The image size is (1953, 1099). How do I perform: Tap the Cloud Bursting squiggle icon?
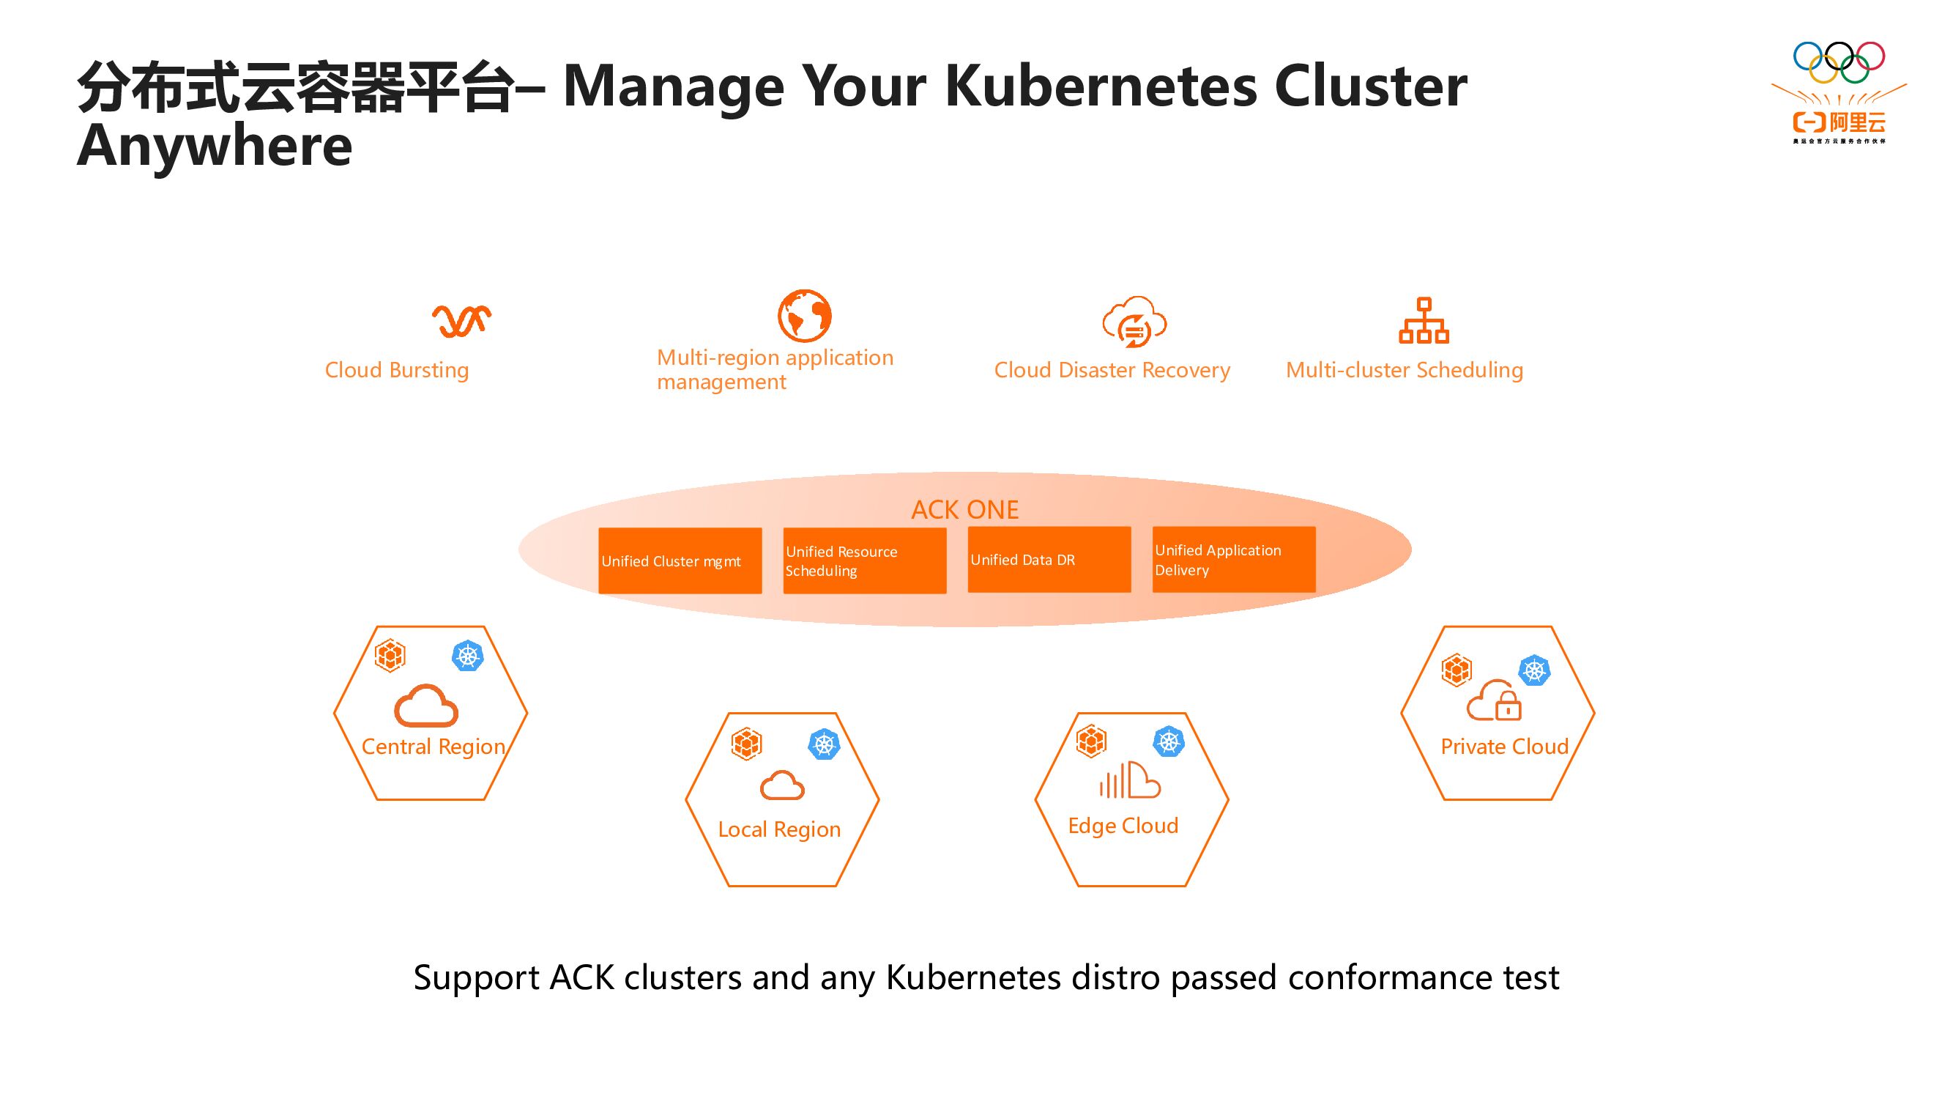pyautogui.click(x=461, y=321)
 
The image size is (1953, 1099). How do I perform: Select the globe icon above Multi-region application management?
pyautogui.click(x=804, y=316)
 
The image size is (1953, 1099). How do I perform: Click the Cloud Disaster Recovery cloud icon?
pyautogui.click(x=1134, y=322)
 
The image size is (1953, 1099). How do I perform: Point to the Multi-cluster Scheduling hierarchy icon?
pyautogui.click(x=1423, y=321)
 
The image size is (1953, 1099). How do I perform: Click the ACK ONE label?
pyautogui.click(x=964, y=510)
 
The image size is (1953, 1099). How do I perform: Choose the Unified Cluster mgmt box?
pyautogui.click(x=680, y=560)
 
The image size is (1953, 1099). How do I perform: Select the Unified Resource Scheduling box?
pyautogui.click(x=864, y=560)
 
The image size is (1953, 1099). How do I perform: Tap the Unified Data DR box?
pyautogui.click(x=1049, y=560)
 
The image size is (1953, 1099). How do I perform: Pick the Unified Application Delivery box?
pyautogui.click(x=1233, y=560)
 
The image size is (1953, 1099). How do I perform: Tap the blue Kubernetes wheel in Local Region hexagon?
pyautogui.click(x=824, y=744)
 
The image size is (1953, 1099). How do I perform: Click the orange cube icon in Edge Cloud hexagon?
pyautogui.click(x=1091, y=741)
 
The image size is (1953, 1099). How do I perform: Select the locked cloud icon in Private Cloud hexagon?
pyautogui.click(x=1495, y=701)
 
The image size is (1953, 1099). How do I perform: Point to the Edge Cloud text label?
pyautogui.click(x=1123, y=825)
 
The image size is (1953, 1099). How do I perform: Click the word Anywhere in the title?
pyautogui.click(x=215, y=145)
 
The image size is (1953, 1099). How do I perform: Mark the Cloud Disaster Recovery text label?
pyautogui.click(x=1112, y=370)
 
